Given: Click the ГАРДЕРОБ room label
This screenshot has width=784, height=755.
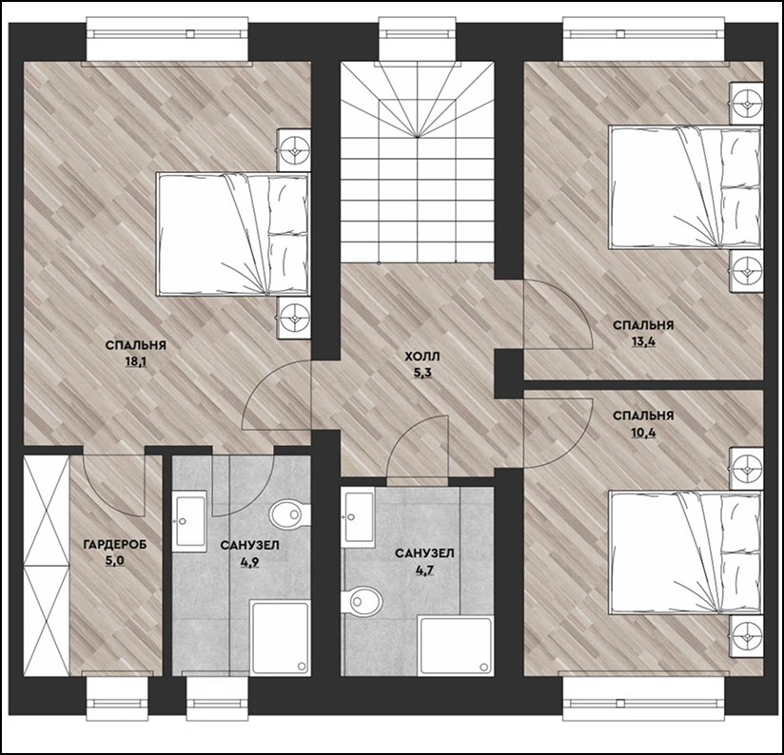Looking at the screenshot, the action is (115, 544).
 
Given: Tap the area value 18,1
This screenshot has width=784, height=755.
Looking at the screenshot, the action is (135, 361).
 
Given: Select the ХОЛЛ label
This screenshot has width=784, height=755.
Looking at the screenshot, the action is (422, 357).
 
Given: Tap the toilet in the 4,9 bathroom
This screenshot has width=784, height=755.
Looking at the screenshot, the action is (288, 514).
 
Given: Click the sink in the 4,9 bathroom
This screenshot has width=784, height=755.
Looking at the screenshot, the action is (189, 521).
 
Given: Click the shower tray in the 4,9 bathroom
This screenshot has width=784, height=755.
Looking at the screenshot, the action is (280, 638).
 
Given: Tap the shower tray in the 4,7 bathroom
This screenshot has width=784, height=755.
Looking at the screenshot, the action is (455, 646).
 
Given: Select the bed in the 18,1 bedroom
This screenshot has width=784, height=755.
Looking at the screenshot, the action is (232, 234).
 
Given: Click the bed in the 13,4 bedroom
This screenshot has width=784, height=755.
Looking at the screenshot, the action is (685, 187).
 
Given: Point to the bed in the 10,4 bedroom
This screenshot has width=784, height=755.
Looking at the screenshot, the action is (685, 552).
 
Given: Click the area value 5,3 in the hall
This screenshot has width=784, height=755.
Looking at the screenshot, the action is (422, 374).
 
